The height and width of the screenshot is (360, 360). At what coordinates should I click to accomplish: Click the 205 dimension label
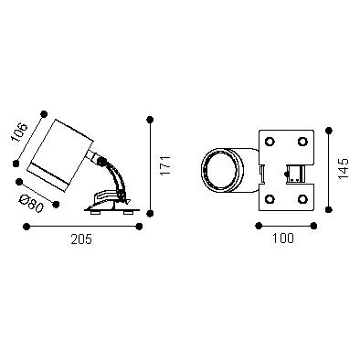pyautogui.click(x=81, y=239)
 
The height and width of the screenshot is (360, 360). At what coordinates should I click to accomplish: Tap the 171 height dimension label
pyautogui.click(x=165, y=165)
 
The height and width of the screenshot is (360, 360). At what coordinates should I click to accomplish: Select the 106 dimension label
pyautogui.click(x=19, y=132)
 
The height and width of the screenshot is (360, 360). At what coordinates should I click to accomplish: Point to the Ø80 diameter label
pyautogui.click(x=31, y=204)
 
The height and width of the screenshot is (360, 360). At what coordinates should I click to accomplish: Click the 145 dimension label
pyautogui.click(x=344, y=168)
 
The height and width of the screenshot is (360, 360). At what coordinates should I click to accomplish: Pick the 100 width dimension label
pyautogui.click(x=283, y=238)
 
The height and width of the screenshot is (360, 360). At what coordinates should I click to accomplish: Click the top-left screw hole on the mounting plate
pyautogui.click(x=270, y=142)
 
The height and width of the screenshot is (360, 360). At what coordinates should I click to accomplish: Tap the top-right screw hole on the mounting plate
pyautogui.click(x=302, y=142)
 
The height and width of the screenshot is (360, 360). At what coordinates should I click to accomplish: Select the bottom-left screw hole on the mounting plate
pyautogui.click(x=270, y=199)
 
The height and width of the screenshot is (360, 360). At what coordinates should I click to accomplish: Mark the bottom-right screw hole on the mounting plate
pyautogui.click(x=302, y=199)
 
